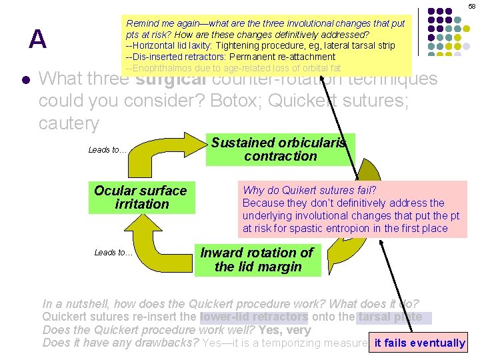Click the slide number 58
coord(471,5)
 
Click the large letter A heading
coord(37,40)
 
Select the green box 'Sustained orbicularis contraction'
coord(280,149)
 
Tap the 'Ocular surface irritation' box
coord(141,197)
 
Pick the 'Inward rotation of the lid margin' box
coord(257,260)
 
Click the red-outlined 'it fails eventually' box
coord(419,343)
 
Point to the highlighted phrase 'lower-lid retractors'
coord(253,317)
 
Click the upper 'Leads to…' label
coord(107,150)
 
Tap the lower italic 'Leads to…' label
coord(113,252)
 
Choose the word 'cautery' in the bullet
coord(69,123)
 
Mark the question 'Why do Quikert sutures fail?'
coord(309,191)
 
